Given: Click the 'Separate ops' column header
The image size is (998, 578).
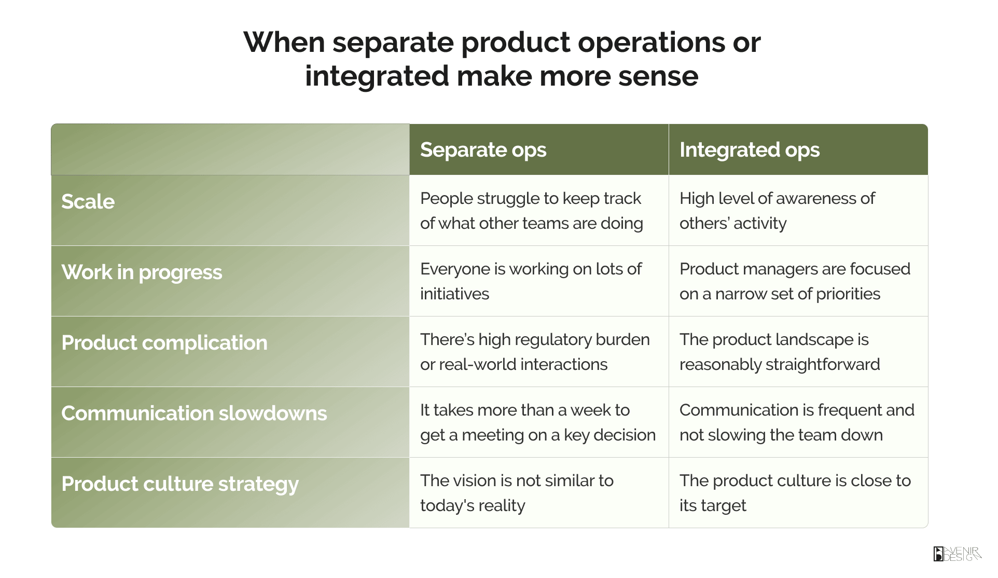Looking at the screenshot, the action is [x=483, y=150].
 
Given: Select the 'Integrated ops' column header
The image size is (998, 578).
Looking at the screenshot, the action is [x=750, y=150].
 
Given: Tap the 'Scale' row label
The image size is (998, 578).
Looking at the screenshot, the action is [x=88, y=201].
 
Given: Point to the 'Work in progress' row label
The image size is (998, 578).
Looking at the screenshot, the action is [x=142, y=272].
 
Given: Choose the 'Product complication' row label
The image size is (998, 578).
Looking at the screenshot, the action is [x=164, y=343].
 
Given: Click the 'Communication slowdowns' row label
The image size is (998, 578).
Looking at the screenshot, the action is [x=194, y=414].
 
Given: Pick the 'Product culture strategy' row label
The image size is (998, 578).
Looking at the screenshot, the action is [x=180, y=484].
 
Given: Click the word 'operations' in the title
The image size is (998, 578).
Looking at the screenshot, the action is [x=651, y=43].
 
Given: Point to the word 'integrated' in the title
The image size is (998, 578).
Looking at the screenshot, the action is [x=377, y=77].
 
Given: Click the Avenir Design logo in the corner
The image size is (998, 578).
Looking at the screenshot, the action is [x=957, y=554].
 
